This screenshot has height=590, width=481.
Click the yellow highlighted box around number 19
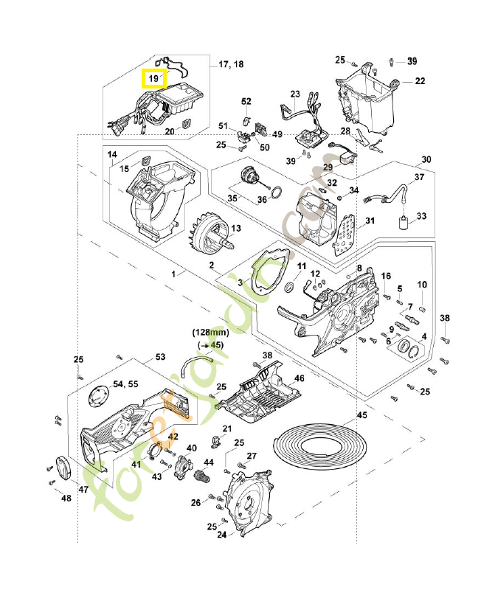point(154,77)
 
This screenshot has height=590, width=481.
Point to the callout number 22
point(419,81)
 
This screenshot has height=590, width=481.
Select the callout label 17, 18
point(231,65)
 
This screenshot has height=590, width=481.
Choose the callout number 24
point(221,535)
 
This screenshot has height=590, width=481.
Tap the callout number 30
point(426,159)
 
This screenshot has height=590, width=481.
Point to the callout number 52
point(246,101)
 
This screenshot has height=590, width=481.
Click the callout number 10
point(422,284)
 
